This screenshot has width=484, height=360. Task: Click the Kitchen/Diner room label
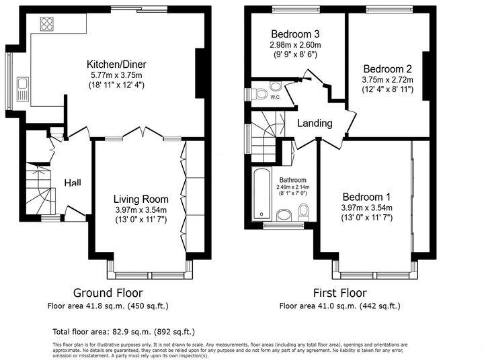[x=116, y=64]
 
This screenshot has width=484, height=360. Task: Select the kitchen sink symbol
[x=23, y=89]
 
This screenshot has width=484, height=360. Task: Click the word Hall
[x=73, y=183]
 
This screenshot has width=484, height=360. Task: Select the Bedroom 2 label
[x=387, y=69]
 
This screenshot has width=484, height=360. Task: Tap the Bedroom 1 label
[x=366, y=197]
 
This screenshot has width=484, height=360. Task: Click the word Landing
[x=315, y=124]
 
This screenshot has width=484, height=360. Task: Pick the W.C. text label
[x=275, y=97]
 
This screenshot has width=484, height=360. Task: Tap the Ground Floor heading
[x=108, y=293]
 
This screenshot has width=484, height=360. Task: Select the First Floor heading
[x=339, y=293]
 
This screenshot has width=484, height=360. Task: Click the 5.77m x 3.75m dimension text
[x=116, y=75]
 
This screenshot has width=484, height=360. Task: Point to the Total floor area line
[x=124, y=332]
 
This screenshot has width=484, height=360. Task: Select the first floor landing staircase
[x=264, y=127]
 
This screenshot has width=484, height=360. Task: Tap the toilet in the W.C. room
[x=276, y=88]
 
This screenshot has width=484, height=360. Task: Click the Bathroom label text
[x=293, y=180]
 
